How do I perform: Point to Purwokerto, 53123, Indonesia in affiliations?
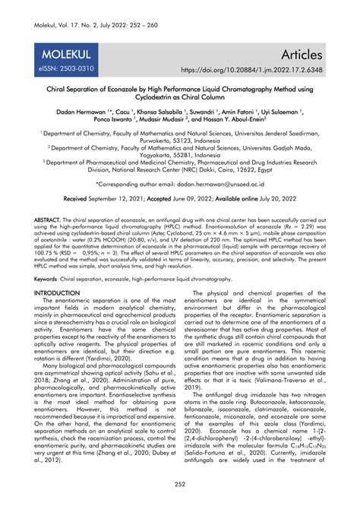point(180,140)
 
